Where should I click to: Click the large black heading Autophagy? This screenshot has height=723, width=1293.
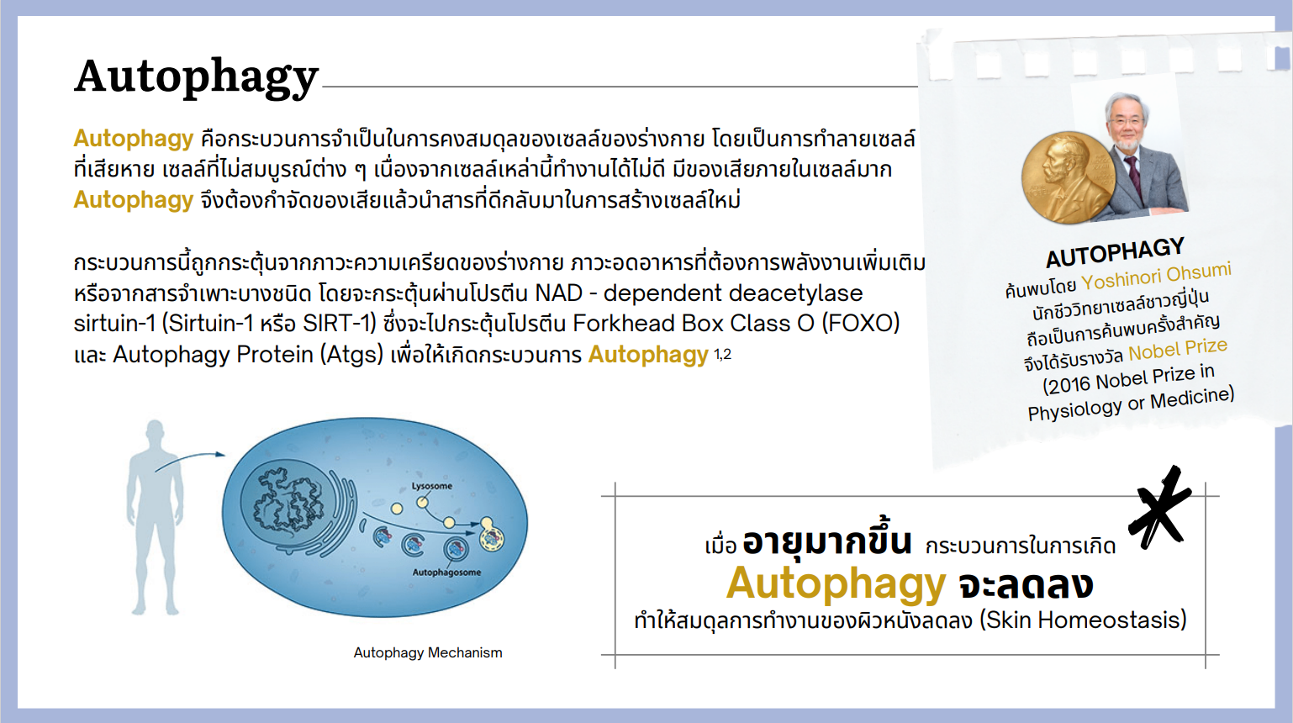click(196, 77)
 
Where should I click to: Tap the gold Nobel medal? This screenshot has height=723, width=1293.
click(1069, 177)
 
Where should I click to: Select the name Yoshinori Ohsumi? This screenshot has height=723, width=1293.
click(1156, 277)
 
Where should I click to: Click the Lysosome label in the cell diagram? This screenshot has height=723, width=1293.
click(432, 486)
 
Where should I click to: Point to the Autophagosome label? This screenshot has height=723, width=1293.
click(446, 572)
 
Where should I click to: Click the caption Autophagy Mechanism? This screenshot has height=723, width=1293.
click(428, 652)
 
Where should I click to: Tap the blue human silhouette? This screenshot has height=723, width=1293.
click(155, 517)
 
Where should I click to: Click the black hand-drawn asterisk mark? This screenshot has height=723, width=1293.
click(1159, 509)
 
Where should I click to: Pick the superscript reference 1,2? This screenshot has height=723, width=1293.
click(723, 354)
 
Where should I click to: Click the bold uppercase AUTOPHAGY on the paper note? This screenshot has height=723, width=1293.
click(1116, 253)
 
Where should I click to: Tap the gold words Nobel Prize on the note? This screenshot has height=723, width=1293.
click(1178, 349)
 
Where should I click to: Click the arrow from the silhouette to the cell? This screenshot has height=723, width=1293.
click(189, 460)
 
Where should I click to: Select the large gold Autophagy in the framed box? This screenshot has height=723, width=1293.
click(836, 583)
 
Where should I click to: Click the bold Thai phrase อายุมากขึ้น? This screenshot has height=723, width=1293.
click(827, 541)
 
